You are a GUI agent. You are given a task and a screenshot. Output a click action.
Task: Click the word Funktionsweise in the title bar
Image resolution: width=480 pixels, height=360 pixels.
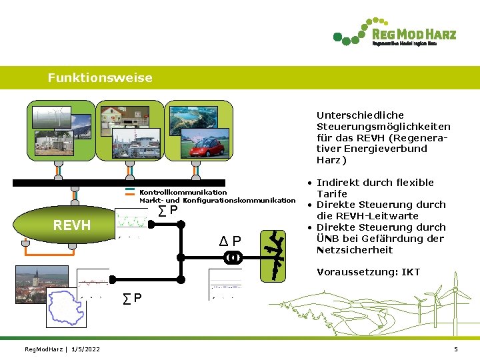(100, 78)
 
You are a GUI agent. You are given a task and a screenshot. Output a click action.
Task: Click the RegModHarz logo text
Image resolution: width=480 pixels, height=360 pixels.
(413, 34)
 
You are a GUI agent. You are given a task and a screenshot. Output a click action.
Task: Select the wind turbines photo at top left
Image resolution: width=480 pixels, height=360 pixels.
(51, 117)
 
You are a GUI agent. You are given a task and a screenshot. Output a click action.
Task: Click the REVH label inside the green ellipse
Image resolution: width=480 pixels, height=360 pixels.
(72, 225)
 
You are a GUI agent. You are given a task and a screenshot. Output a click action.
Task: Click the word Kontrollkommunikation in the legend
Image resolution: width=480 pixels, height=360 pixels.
(183, 192)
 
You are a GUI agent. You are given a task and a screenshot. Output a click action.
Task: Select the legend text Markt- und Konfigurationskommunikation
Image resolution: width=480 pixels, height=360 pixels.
(217, 200)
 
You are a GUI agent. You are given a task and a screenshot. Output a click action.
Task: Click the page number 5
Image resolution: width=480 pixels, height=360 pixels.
(456, 349)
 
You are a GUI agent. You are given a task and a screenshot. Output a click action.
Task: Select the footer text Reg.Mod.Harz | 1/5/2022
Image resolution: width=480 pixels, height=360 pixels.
(62, 349)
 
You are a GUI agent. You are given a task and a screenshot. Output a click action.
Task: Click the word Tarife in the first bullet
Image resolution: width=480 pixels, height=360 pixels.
(331, 193)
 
